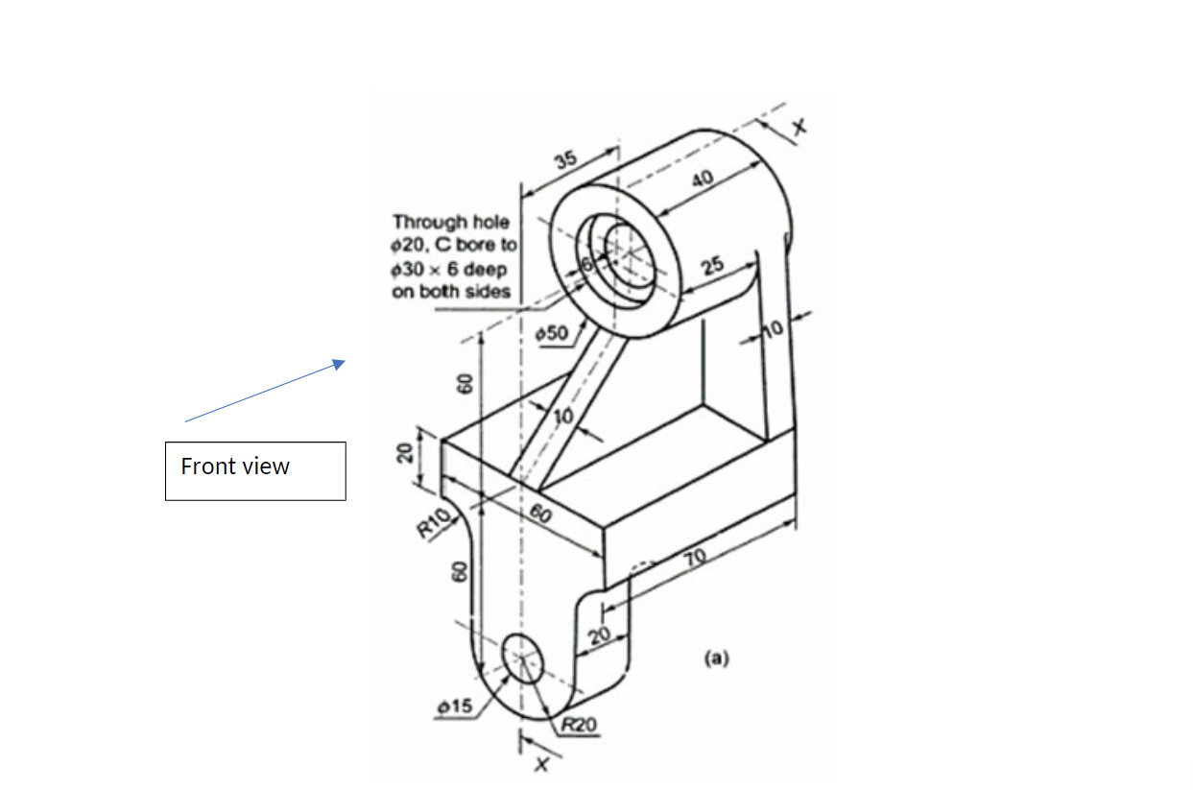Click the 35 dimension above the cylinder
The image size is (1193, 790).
click(565, 159)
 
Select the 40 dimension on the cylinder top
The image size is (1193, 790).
click(703, 182)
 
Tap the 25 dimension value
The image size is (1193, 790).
click(711, 266)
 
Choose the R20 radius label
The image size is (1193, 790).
click(578, 725)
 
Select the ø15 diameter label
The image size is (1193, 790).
click(454, 706)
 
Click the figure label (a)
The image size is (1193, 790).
click(716, 658)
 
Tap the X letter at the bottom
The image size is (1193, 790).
click(542, 764)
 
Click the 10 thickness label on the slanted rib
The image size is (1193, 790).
click(562, 416)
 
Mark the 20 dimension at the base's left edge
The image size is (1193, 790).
click(405, 452)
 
